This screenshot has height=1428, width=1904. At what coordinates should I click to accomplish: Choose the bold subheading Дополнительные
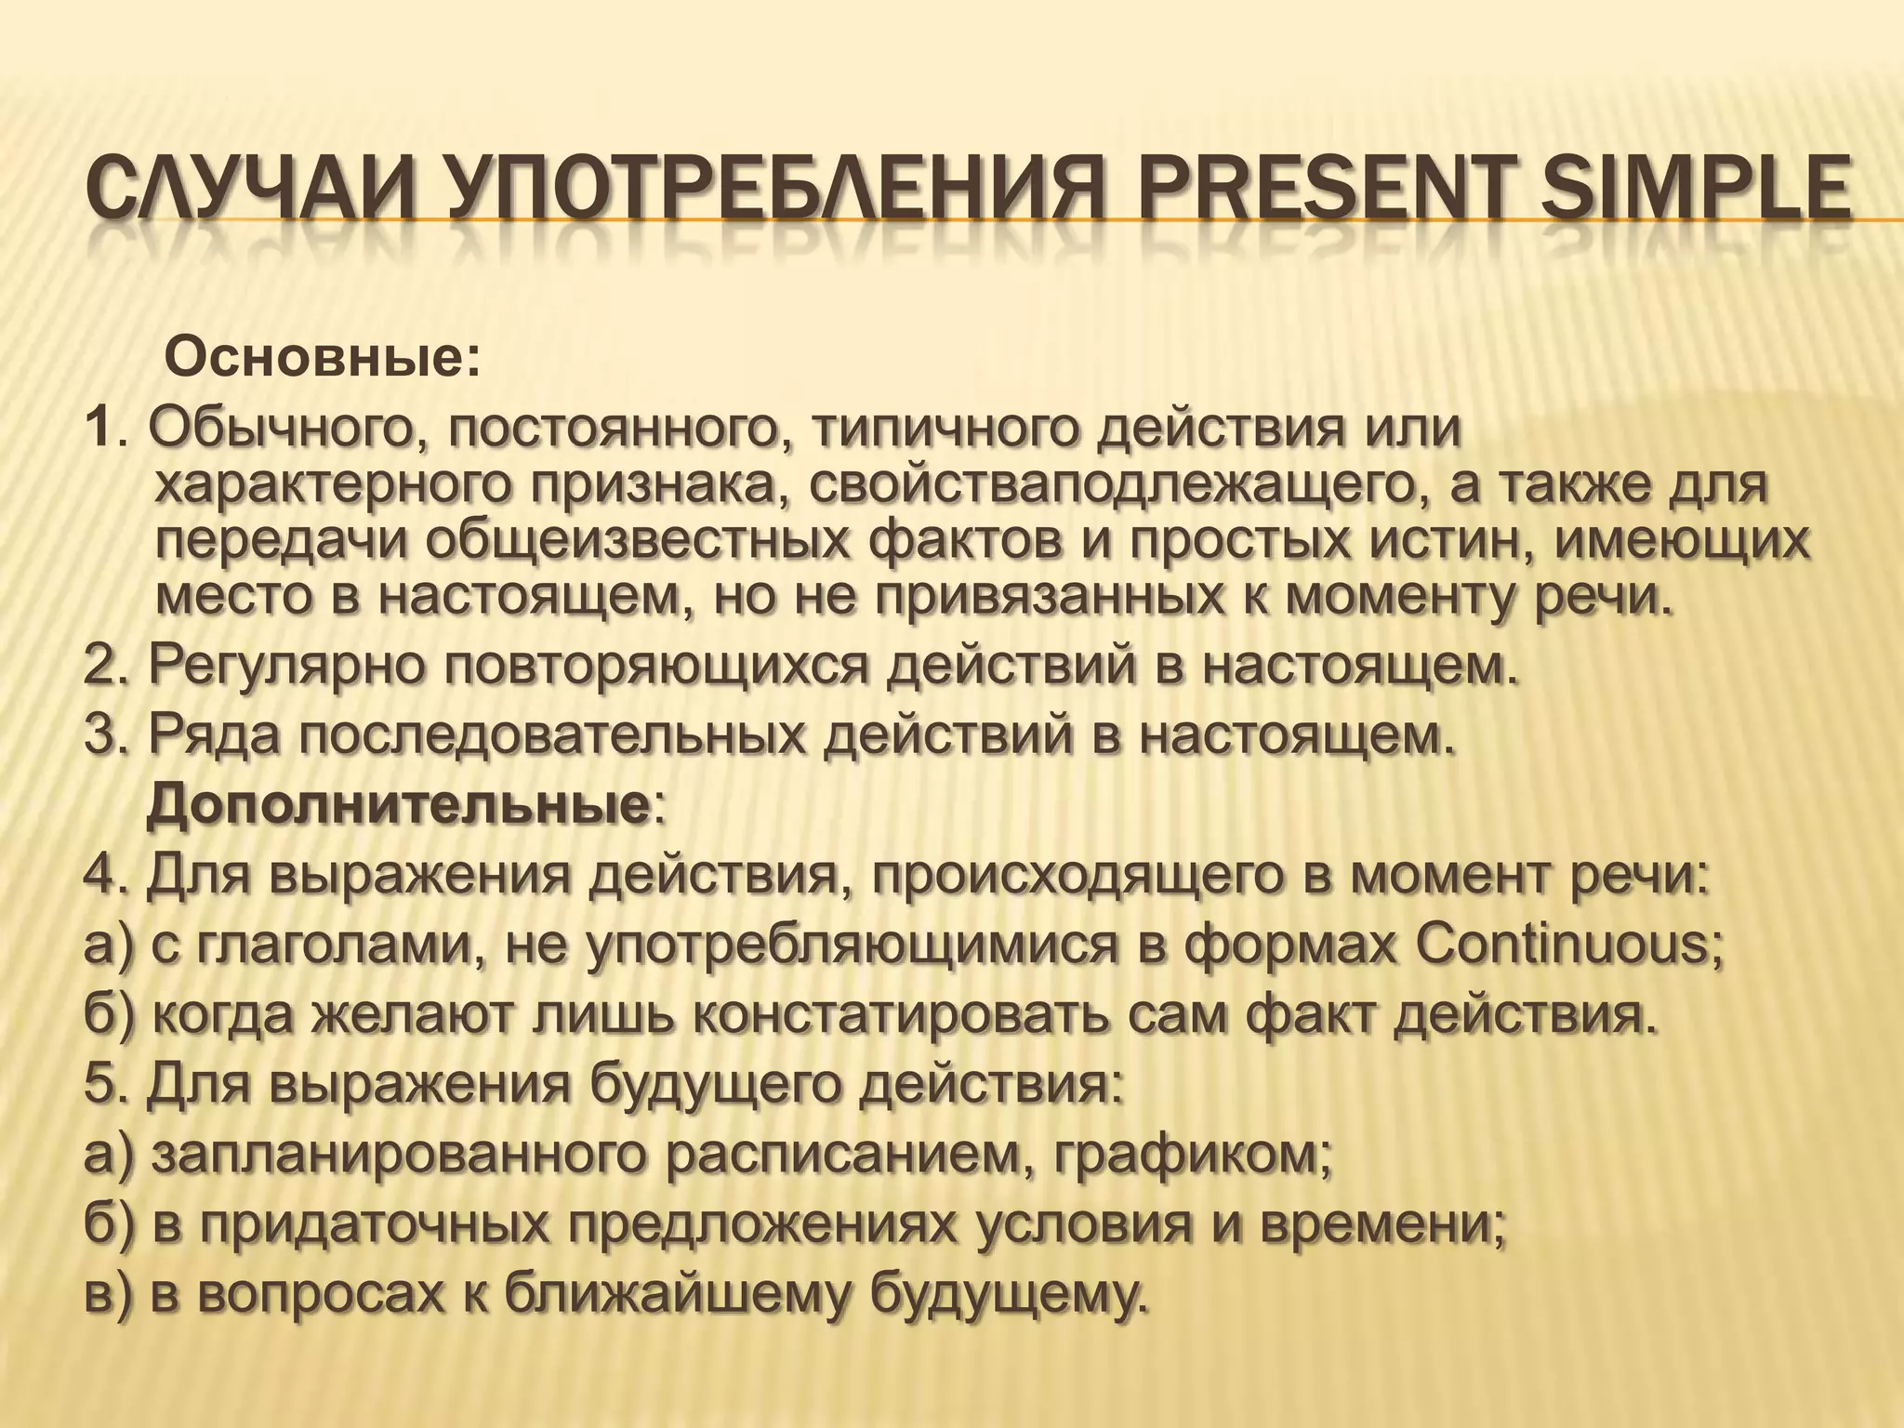pyautogui.click(x=400, y=807)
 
